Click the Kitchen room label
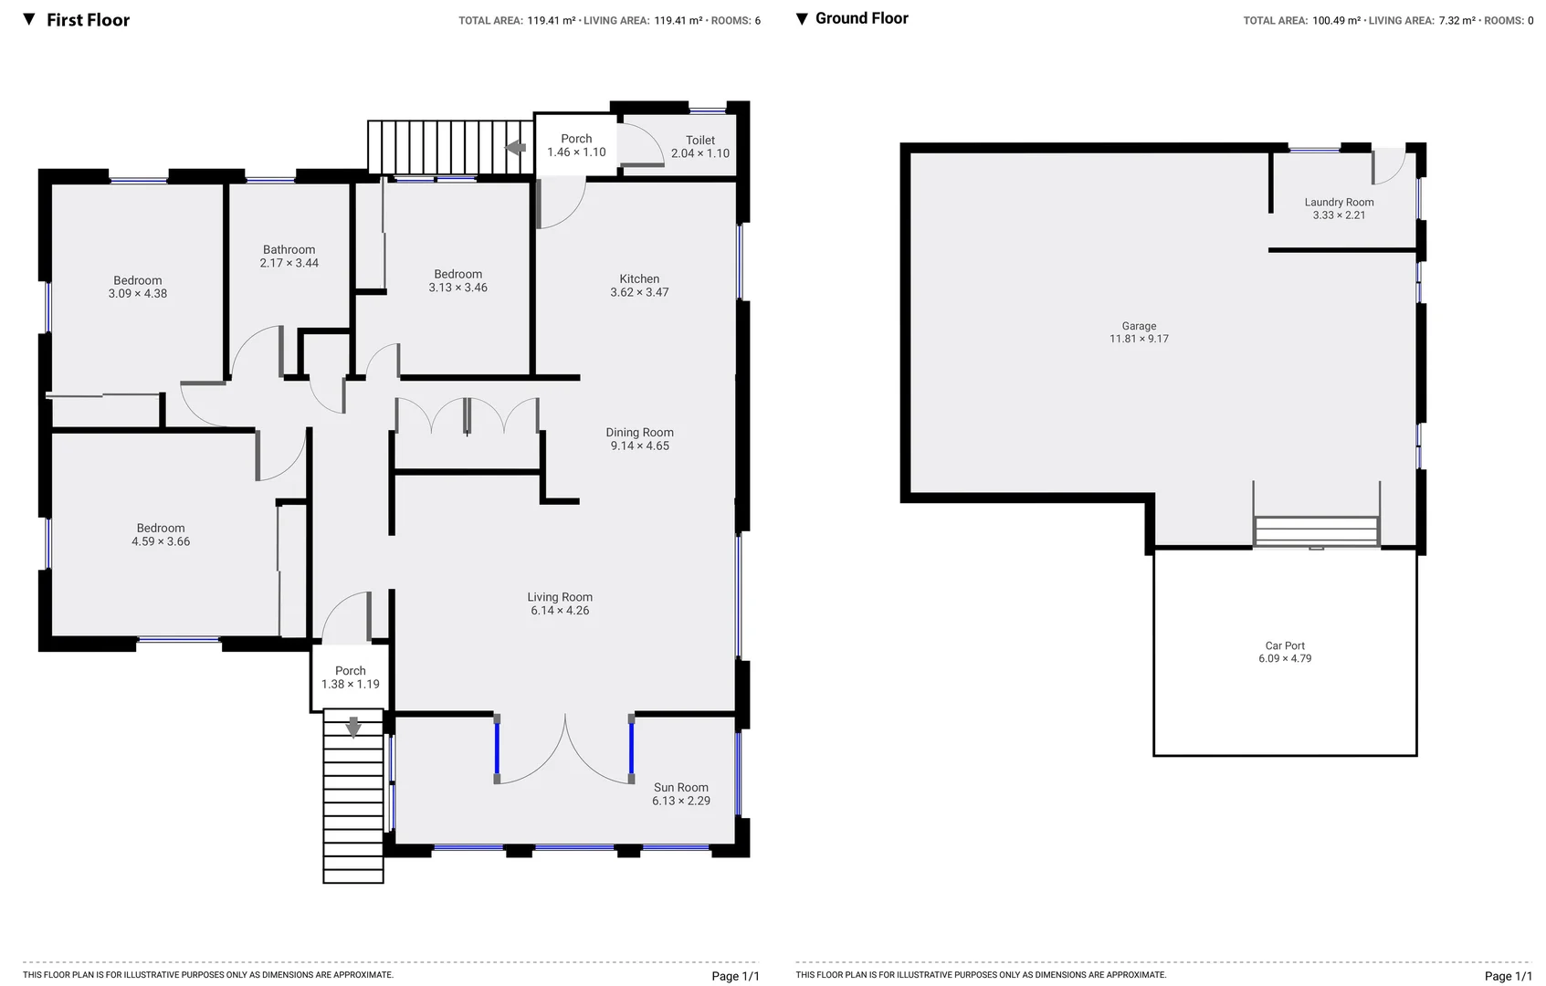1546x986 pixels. click(639, 279)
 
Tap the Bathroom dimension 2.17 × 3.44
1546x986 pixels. click(289, 263)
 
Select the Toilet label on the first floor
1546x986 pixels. click(700, 141)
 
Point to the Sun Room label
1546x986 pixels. click(680, 788)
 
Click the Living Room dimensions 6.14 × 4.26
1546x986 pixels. click(560, 611)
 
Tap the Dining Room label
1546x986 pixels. click(639, 433)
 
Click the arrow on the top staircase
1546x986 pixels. click(516, 148)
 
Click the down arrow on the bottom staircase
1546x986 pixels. click(353, 728)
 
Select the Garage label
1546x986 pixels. click(1139, 326)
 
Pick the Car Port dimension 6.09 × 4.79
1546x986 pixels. click(1285, 658)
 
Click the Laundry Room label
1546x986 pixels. click(1339, 203)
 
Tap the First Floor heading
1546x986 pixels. click(88, 20)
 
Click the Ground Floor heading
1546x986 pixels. click(861, 18)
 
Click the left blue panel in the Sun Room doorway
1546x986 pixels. click(497, 749)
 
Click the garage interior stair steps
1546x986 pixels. click(1316, 531)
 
